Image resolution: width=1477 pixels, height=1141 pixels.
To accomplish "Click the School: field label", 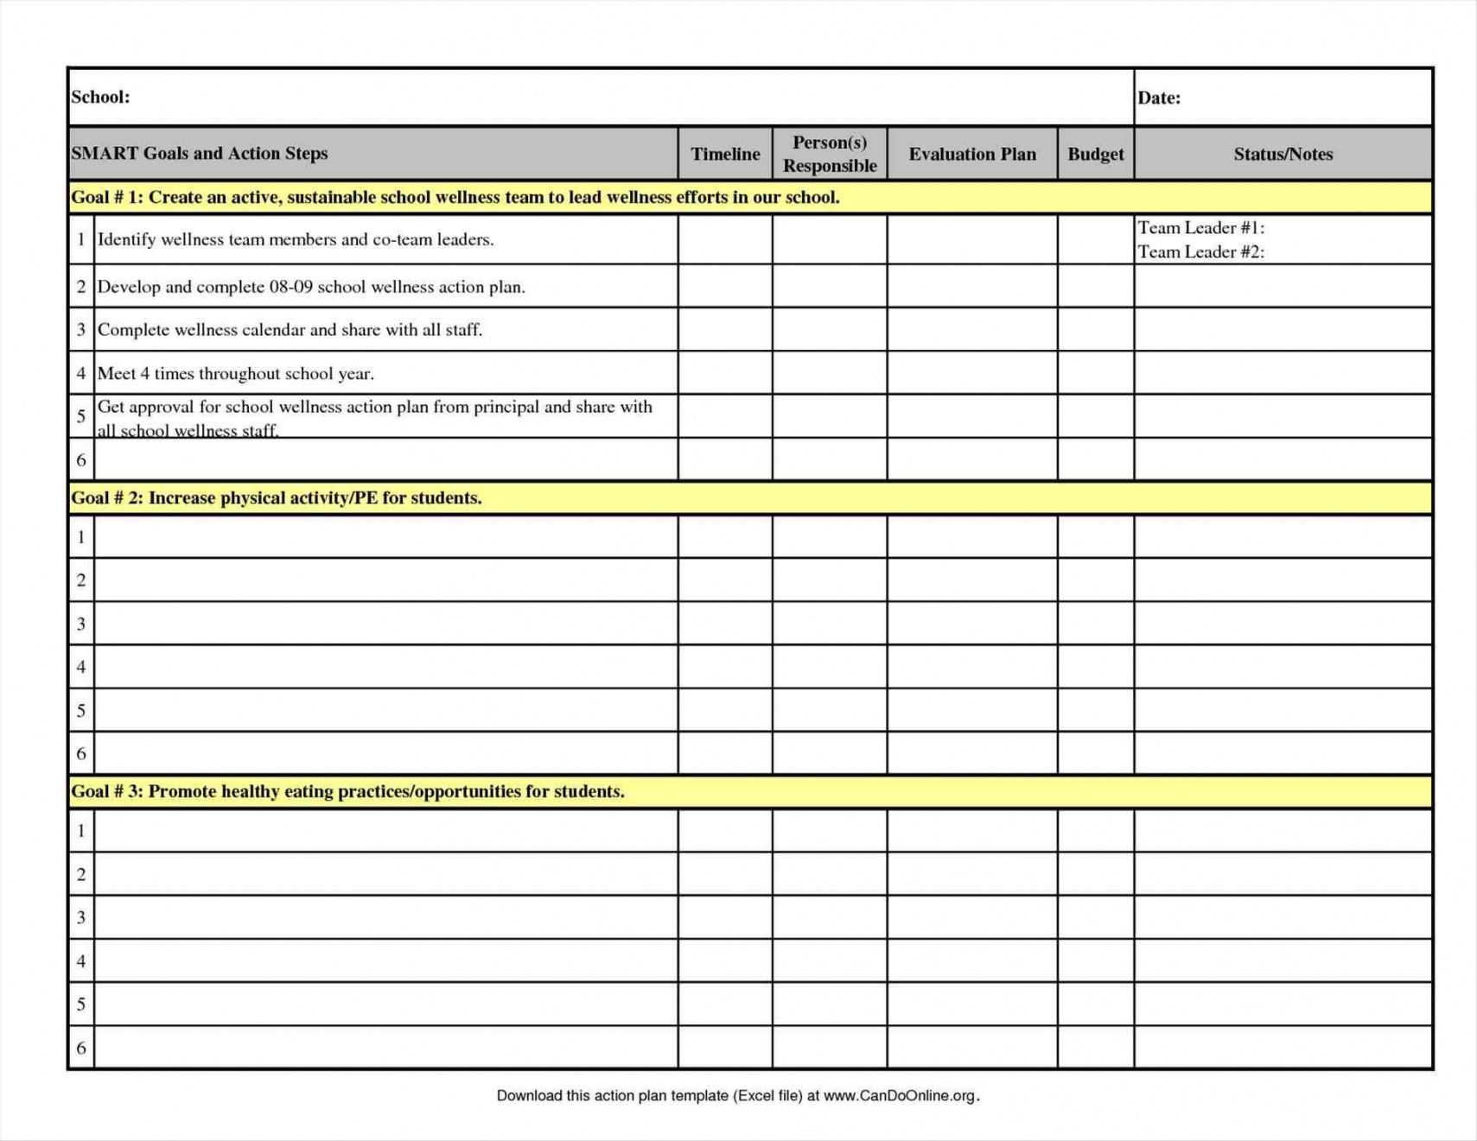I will (x=100, y=97).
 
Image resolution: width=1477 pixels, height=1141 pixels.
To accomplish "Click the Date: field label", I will (x=1158, y=98).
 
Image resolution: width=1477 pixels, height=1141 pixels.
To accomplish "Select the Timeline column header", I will (x=725, y=154).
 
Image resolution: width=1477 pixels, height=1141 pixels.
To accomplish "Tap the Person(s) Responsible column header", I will (x=830, y=154).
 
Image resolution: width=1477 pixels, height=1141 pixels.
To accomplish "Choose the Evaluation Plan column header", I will (x=972, y=154).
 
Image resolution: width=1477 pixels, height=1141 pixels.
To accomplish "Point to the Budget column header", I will (x=1095, y=154).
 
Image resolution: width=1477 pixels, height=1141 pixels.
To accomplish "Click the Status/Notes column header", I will (x=1283, y=154).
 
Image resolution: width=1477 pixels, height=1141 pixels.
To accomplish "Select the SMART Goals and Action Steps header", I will (x=200, y=153).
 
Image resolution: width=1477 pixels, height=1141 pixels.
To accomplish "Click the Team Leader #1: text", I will (x=1200, y=227).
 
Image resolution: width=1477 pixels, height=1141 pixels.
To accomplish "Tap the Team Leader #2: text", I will (x=1200, y=251).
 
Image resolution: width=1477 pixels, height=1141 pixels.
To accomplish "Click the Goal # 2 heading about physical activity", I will (x=277, y=498).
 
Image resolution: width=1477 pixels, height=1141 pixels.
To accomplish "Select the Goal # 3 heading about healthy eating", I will (x=347, y=791).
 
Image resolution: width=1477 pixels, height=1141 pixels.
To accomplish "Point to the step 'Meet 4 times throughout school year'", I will (x=235, y=373).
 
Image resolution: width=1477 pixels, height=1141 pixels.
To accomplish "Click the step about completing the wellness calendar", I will (x=290, y=329).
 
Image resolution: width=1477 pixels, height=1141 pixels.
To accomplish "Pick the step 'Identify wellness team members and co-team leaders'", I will (x=296, y=239).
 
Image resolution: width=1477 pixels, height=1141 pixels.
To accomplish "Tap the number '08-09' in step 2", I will (x=290, y=287).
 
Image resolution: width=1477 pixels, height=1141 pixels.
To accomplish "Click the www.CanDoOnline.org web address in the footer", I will (x=899, y=1095).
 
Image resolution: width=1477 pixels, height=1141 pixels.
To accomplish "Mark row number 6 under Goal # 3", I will (x=81, y=1048).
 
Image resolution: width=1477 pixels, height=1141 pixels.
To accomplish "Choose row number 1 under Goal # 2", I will (x=81, y=537).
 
